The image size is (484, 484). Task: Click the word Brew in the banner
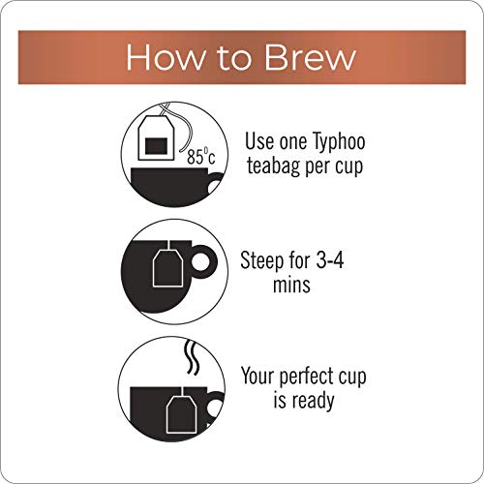pos(310,57)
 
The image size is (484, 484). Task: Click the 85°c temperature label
pos(200,157)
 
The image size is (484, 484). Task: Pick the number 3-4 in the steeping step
pos(329,259)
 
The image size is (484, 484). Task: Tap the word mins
pos(291,285)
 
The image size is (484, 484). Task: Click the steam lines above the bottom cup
pos(191,357)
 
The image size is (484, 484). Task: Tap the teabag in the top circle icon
pos(156,137)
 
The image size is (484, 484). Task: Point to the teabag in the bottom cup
pos(182,415)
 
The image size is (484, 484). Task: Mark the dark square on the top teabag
pos(156,146)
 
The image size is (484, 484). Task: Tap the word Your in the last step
pos(257,376)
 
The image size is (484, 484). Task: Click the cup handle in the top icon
pos(216,184)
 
